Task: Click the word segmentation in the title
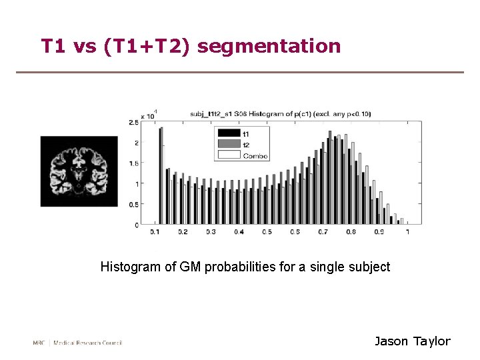tap(269, 47)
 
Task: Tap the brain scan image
tap(79, 172)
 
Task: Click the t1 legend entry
tap(245, 133)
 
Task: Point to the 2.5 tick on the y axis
tap(134, 122)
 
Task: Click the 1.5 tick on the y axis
tap(134, 163)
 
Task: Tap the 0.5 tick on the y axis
tap(134, 205)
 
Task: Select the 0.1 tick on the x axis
tap(155, 232)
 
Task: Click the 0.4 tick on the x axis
tap(239, 232)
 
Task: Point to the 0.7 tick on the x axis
tap(323, 232)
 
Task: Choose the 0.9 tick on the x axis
tap(379, 232)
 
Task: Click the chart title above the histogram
tap(280, 114)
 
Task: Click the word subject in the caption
tap(371, 267)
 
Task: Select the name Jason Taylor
tap(412, 341)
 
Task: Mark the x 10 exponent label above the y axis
tap(147, 115)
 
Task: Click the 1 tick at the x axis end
tap(407, 232)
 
